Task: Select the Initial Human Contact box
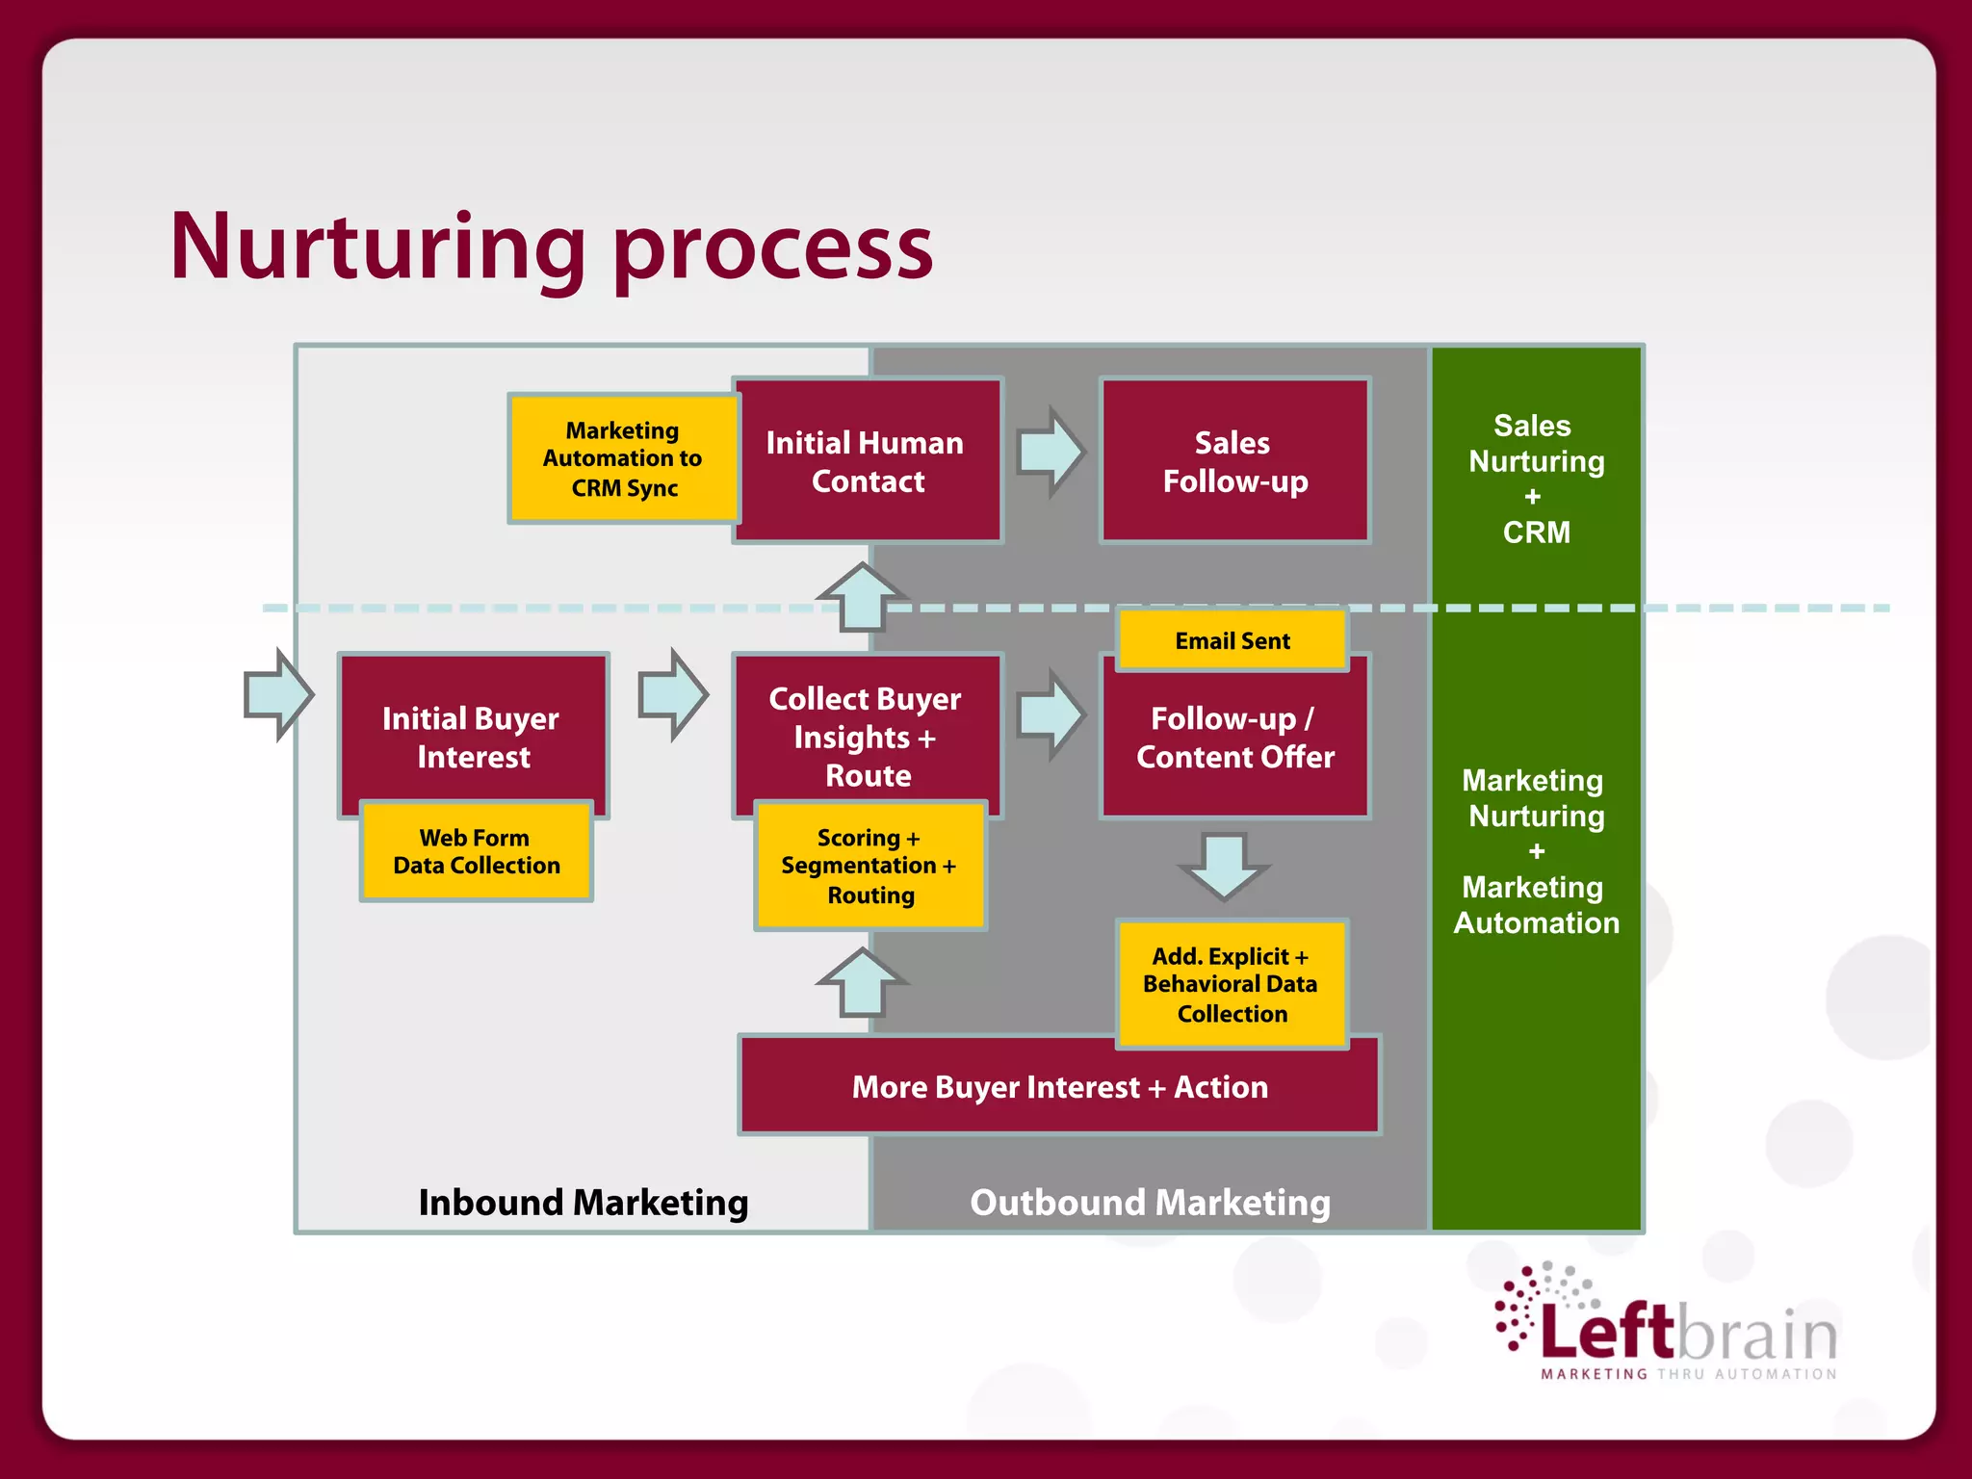(x=867, y=461)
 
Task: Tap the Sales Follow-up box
(x=1234, y=461)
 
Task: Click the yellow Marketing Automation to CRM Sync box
(x=623, y=458)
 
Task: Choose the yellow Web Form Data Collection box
(x=476, y=851)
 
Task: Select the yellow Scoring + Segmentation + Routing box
(x=869, y=866)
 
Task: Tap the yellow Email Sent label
(x=1232, y=640)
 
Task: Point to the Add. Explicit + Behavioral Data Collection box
(x=1232, y=984)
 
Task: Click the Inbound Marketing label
(x=583, y=1203)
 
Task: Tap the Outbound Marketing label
(x=1150, y=1203)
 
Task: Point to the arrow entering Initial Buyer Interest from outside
(x=278, y=694)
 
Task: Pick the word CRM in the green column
(x=1536, y=532)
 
